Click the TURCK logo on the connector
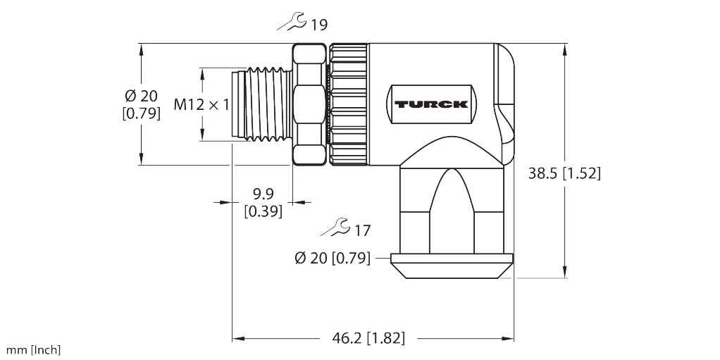point(431,104)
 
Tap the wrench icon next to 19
point(292,24)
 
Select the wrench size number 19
point(318,25)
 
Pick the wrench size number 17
point(361,230)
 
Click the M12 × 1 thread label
point(201,105)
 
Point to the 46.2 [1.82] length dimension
point(369,338)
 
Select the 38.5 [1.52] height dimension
point(564,173)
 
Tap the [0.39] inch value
point(263,211)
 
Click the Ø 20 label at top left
point(141,96)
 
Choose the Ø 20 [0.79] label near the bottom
point(332,259)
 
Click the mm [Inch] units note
point(33,350)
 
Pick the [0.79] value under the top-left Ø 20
point(141,113)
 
